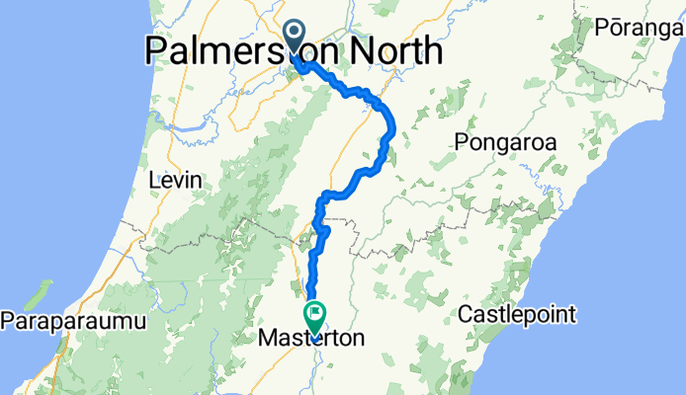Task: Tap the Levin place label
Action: [x=173, y=182]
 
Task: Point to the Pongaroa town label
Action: [x=505, y=143]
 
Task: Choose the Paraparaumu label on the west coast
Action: [x=73, y=322]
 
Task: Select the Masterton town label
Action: [x=310, y=339]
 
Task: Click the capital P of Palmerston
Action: [x=157, y=50]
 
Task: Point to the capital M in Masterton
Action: [x=266, y=339]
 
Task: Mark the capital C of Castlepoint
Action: [x=467, y=317]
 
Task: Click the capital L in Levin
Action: [x=151, y=182]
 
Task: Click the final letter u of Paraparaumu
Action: [x=140, y=322]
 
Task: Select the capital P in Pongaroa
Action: [x=462, y=143]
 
